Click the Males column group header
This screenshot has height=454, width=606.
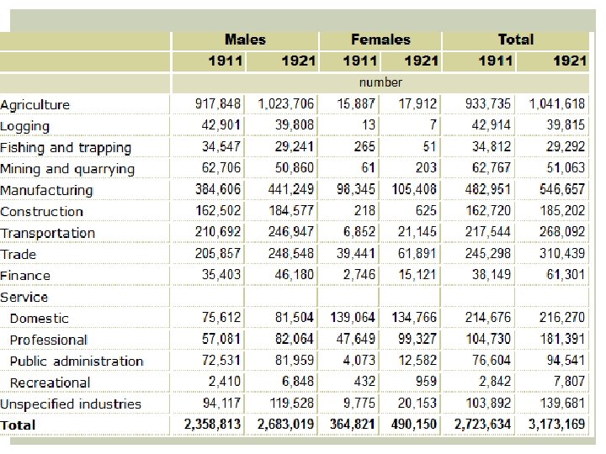coord(245,40)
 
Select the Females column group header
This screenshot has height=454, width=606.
coord(380,40)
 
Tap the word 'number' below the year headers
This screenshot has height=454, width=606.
coord(380,82)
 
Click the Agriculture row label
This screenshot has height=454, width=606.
coord(35,105)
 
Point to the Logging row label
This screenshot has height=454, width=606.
coord(25,126)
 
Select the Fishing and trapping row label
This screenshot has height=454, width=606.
coord(66,148)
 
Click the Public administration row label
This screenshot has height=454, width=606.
coord(77,361)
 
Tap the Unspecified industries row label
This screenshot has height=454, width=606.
coord(71,404)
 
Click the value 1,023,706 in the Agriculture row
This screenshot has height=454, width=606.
coord(286,104)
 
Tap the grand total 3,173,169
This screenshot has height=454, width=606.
coord(557,425)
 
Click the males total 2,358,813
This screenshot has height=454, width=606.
coord(212,425)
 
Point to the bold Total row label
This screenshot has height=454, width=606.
coord(19,425)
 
